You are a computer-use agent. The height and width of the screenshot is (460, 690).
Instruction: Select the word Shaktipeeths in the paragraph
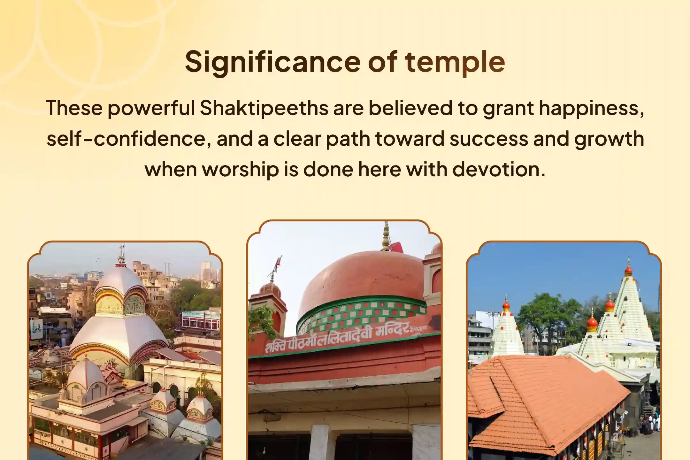coord(264,108)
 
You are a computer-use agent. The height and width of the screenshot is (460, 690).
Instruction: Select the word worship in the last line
coord(241,169)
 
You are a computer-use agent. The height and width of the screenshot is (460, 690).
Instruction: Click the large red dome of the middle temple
coord(361,278)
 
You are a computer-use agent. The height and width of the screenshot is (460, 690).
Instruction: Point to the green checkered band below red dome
coord(361,313)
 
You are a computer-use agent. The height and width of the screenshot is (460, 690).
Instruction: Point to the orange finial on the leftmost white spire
coord(506,305)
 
